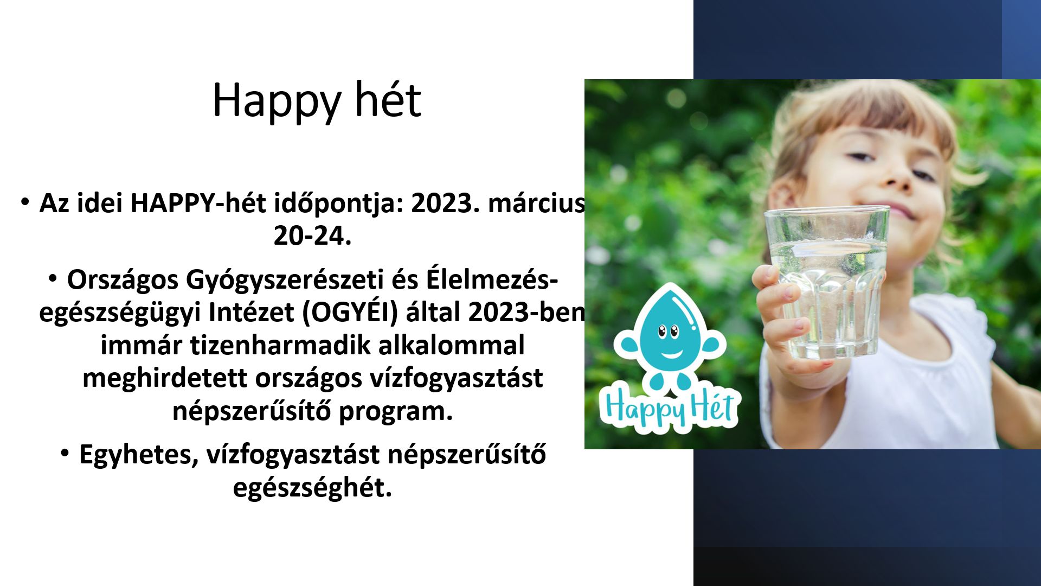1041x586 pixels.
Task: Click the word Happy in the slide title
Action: [277, 101]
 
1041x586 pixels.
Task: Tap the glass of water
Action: [827, 282]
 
